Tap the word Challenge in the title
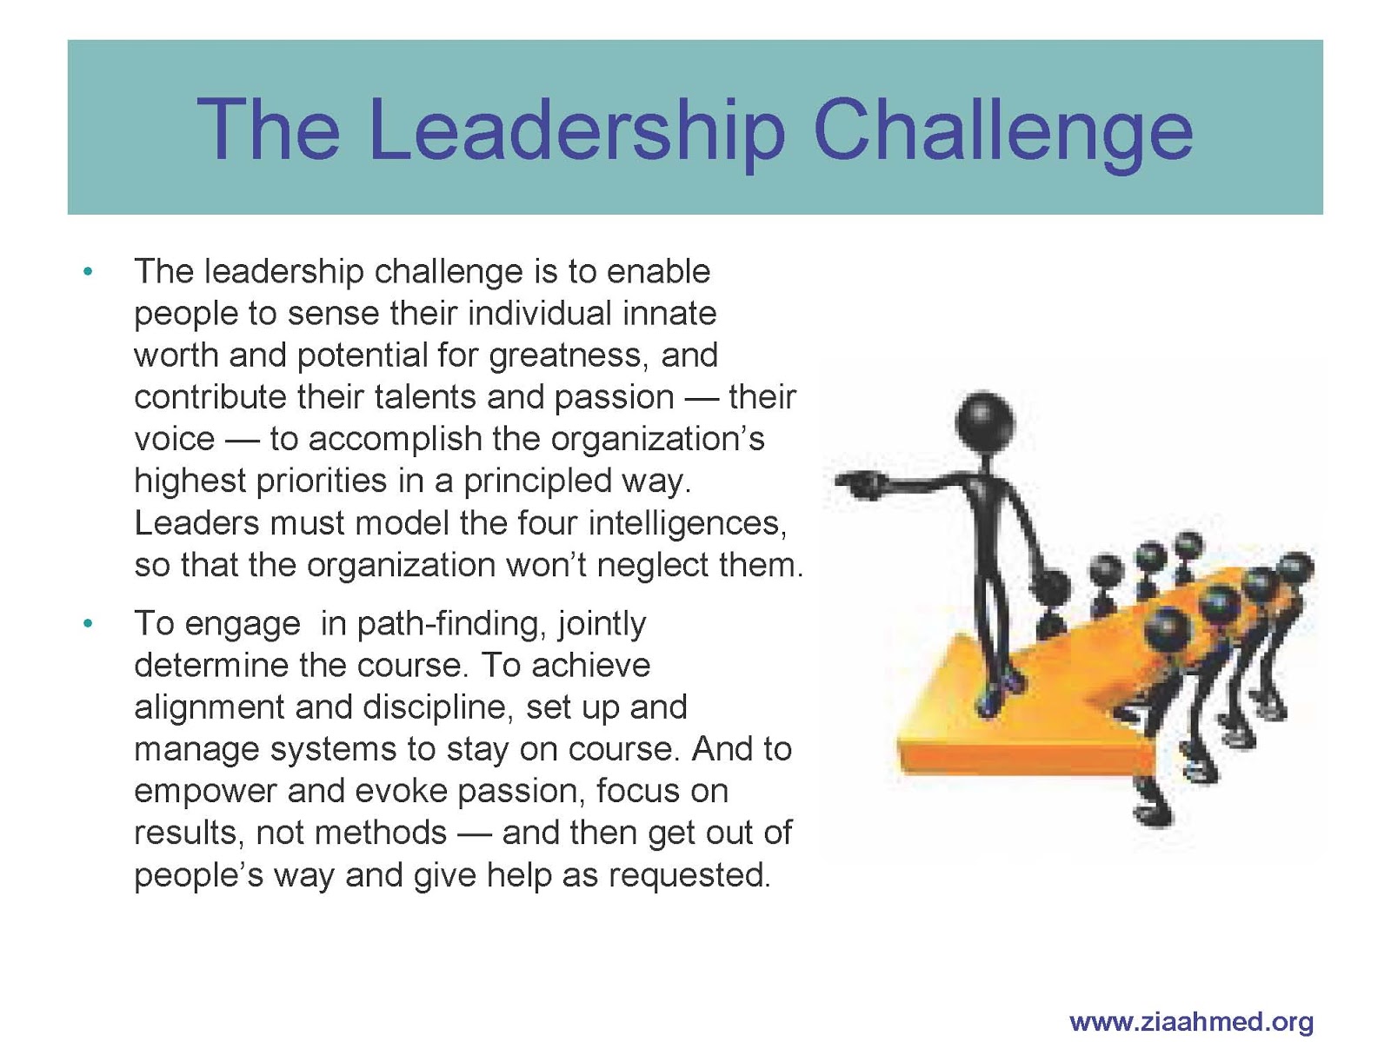tap(1002, 133)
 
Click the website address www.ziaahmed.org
tap(1191, 1022)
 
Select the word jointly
tap(602, 624)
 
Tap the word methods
tap(380, 833)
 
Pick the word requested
tap(689, 875)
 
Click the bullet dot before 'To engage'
tap(88, 624)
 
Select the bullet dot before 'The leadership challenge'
tap(88, 272)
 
